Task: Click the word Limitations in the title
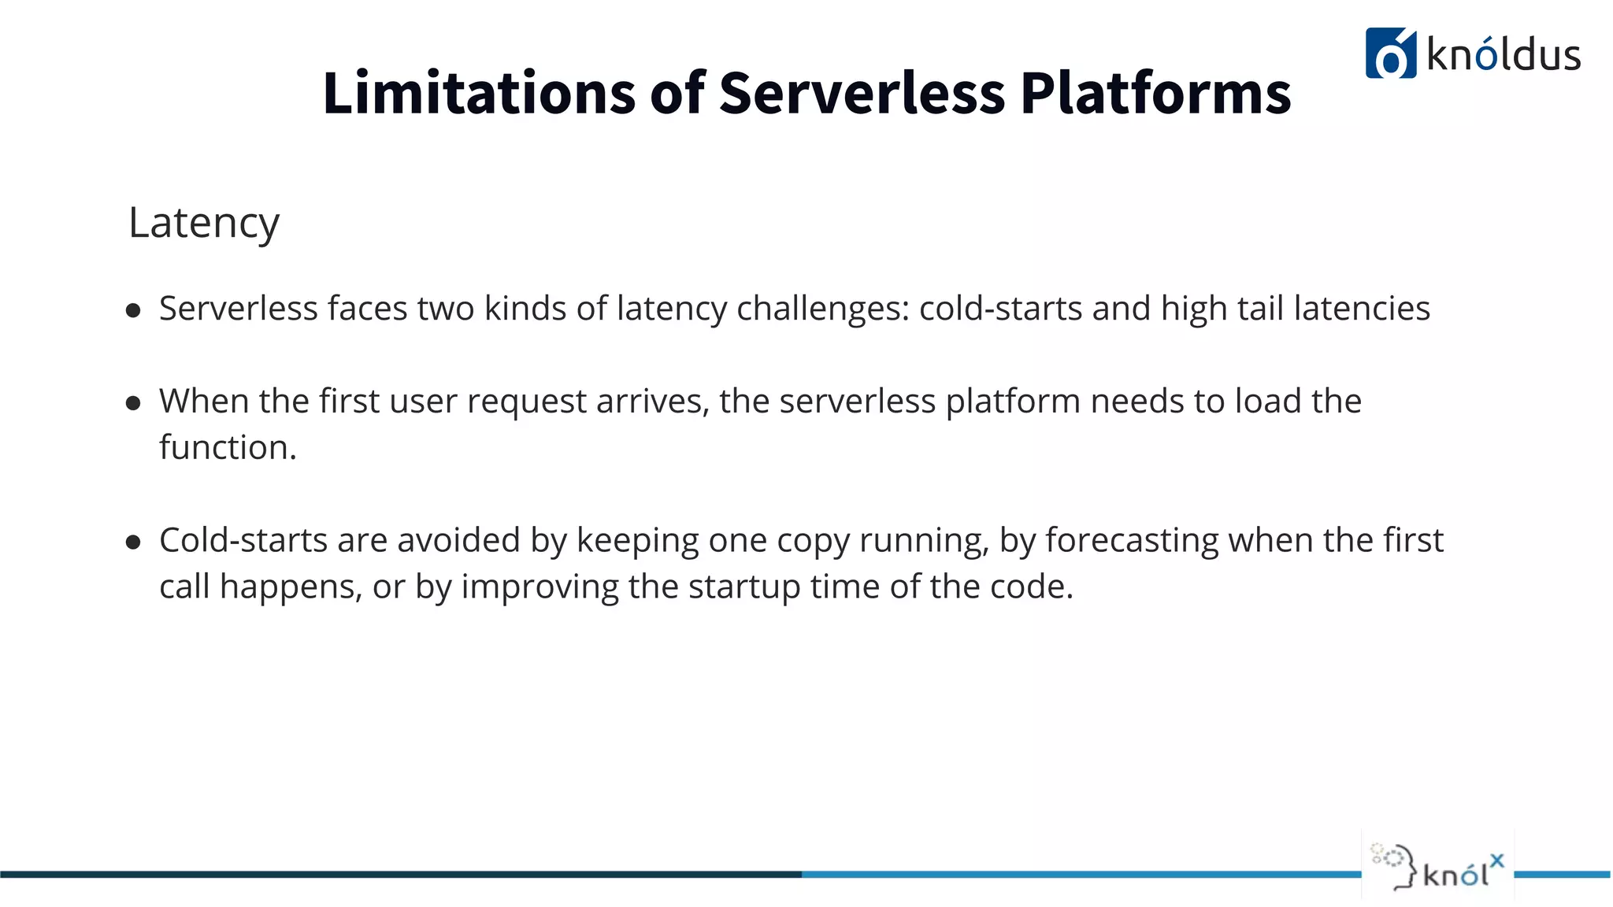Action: pos(479,93)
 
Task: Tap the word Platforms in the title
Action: pos(1155,93)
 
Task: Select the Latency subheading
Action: pos(203,223)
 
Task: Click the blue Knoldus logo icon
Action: pos(1390,54)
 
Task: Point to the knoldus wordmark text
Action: pos(1504,55)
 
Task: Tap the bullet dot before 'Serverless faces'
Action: pos(133,311)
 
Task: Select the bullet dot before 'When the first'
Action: pos(133,404)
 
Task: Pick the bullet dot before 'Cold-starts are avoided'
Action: pos(133,542)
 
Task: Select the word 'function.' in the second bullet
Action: pos(228,447)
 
